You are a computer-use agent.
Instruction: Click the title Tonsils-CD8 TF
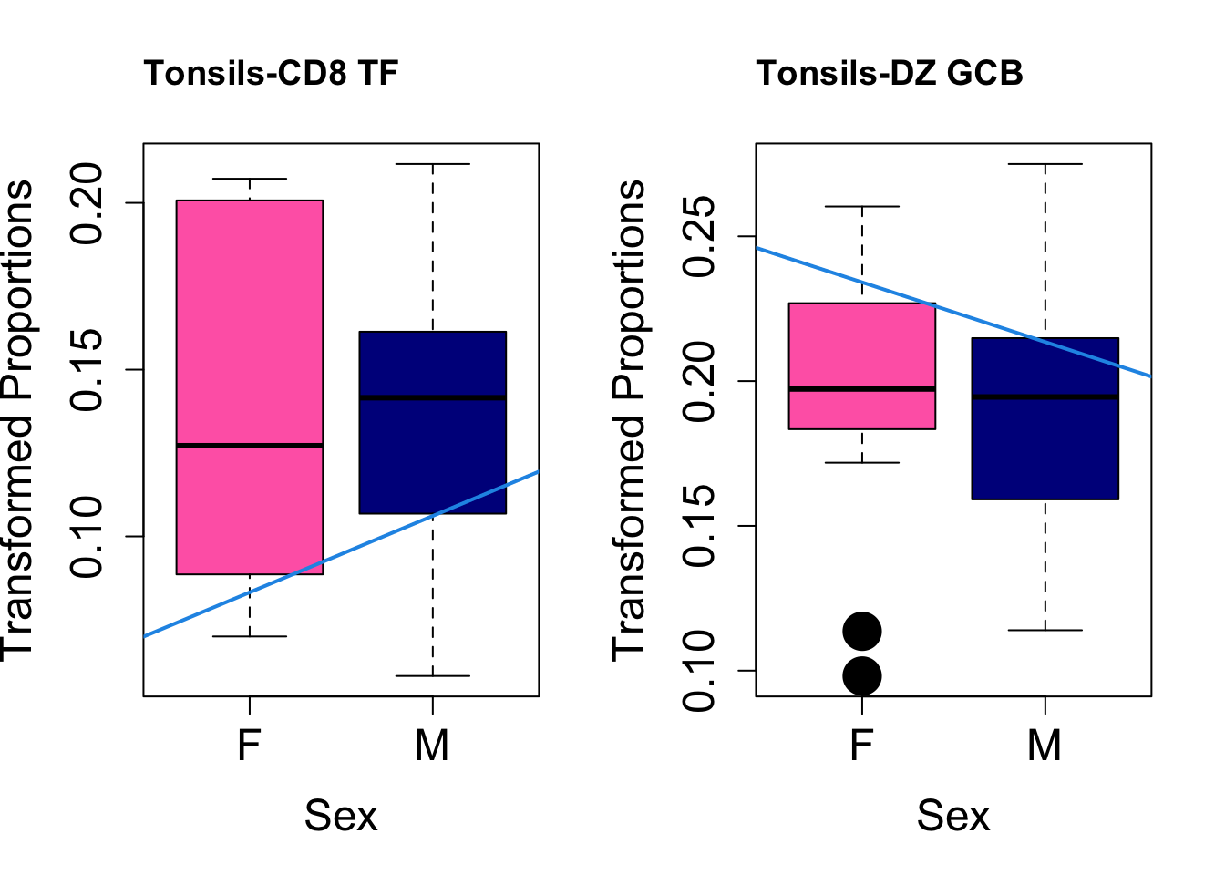(271, 73)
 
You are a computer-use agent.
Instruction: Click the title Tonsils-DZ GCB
(890, 73)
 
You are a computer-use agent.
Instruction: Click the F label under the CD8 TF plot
(249, 746)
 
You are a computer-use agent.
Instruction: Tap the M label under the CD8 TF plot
(432, 746)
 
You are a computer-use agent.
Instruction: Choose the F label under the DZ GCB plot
(861, 746)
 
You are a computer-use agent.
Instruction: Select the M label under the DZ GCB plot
(1045, 746)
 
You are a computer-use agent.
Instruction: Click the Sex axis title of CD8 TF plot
(341, 815)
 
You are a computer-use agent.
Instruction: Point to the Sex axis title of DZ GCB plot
(953, 815)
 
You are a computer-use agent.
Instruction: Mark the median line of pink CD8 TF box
(249, 446)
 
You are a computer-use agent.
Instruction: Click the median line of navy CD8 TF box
(432, 397)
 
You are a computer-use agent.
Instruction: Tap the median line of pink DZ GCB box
(861, 389)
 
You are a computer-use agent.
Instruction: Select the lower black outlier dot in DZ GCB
(861, 676)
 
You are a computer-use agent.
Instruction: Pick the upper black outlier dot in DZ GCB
(861, 631)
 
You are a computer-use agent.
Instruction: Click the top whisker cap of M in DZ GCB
(1045, 164)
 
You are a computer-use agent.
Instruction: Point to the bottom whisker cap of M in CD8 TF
(432, 676)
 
